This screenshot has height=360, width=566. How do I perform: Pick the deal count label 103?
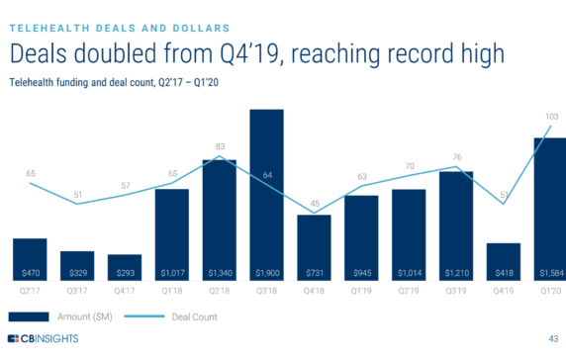coord(552,117)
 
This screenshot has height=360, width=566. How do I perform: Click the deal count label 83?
coord(220,146)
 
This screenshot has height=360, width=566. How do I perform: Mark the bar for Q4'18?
coord(315,247)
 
